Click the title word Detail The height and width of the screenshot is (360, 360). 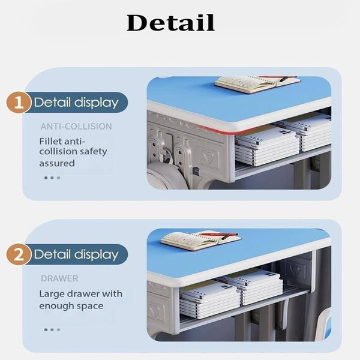pos(170,23)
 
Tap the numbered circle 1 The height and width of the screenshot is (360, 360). pos(20,102)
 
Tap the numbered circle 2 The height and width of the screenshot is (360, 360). pos(20,254)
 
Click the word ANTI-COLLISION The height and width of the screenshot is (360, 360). pos(76,127)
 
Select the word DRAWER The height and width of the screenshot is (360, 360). pos(59,279)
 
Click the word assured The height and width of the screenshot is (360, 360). pos(57,163)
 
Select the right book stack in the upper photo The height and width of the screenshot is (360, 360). pos(312,131)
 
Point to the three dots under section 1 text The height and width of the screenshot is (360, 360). pos(52,178)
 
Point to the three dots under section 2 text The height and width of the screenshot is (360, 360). pos(52,329)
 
